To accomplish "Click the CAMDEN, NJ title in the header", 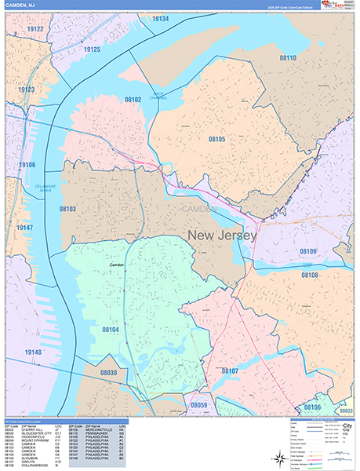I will (19, 5).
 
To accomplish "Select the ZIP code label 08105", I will (216, 139).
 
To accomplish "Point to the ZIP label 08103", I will (68, 210).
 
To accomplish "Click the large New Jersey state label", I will (222, 235).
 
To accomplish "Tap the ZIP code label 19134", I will (160, 18).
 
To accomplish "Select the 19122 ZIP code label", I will (35, 29).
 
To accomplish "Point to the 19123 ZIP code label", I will (27, 90).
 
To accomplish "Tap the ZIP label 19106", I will (27, 165).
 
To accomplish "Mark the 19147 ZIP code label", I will (27, 228).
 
